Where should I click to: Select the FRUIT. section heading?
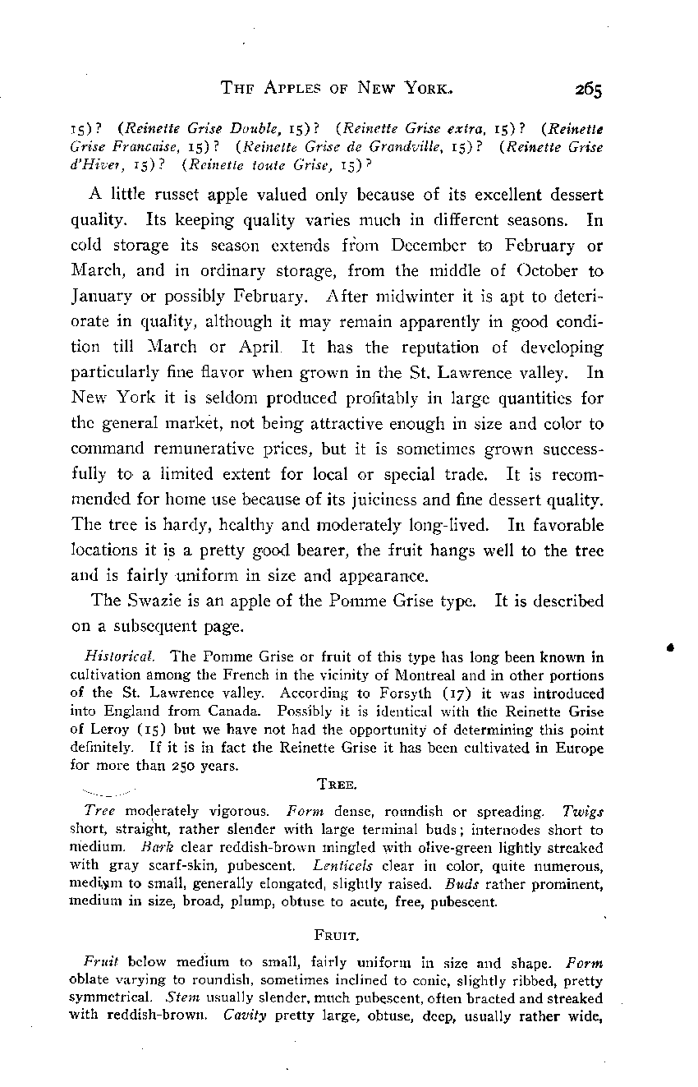tap(333, 935)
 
